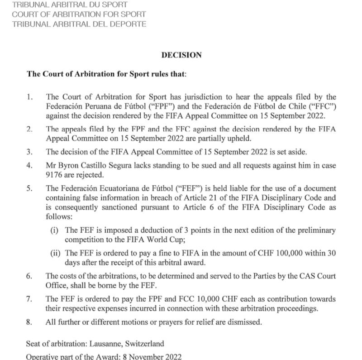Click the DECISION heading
[181, 55]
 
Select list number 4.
[29, 165]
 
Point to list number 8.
[29, 322]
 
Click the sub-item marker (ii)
[56, 253]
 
